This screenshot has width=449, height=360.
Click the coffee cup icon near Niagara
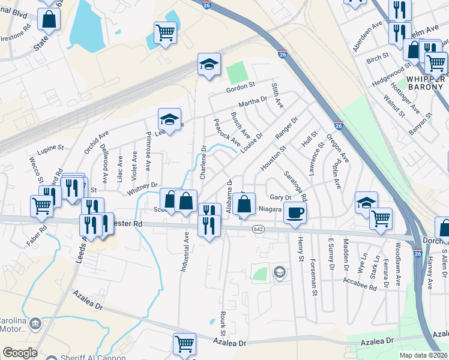pyautogui.click(x=294, y=212)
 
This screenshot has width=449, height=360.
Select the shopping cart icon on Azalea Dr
pyautogui.click(x=185, y=344)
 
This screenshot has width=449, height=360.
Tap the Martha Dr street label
pyautogui.click(x=252, y=104)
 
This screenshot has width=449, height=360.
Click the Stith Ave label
pyautogui.click(x=277, y=95)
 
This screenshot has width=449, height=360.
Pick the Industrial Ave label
pyautogui.click(x=185, y=253)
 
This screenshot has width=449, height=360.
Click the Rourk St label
pyautogui.click(x=221, y=323)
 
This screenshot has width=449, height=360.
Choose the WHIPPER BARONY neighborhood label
pyautogui.click(x=426, y=83)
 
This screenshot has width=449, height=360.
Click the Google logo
pyautogui.click(x=20, y=353)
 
